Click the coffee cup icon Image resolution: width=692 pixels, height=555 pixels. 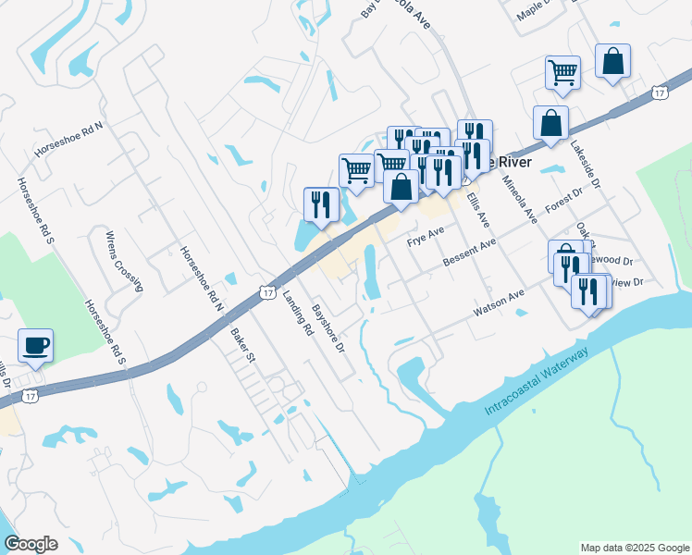[x=35, y=346]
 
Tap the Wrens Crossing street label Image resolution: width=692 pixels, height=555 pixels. [x=124, y=261]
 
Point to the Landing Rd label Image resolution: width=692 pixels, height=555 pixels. [x=294, y=309]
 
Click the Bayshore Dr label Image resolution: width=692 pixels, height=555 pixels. [x=327, y=328]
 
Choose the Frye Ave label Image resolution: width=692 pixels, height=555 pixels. [x=426, y=237]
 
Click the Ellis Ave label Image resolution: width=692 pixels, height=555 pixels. [x=477, y=209]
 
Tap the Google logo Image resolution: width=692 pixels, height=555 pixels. [x=31, y=544]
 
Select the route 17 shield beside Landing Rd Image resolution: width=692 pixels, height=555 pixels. [x=266, y=291]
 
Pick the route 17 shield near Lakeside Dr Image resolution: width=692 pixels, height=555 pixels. [x=659, y=92]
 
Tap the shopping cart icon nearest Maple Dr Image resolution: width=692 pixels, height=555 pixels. [x=562, y=71]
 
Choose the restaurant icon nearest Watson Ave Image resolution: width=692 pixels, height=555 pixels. [x=589, y=291]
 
